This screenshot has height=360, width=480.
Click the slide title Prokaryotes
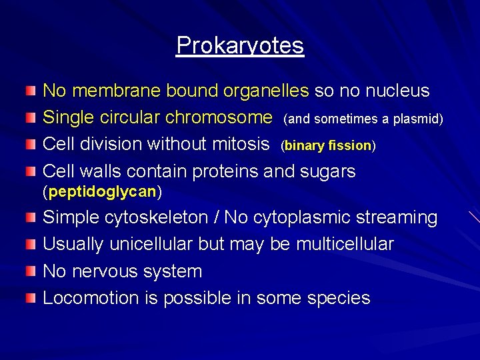click(x=240, y=45)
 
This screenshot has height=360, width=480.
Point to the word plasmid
click(x=418, y=119)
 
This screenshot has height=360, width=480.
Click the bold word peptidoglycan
click(x=102, y=192)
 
